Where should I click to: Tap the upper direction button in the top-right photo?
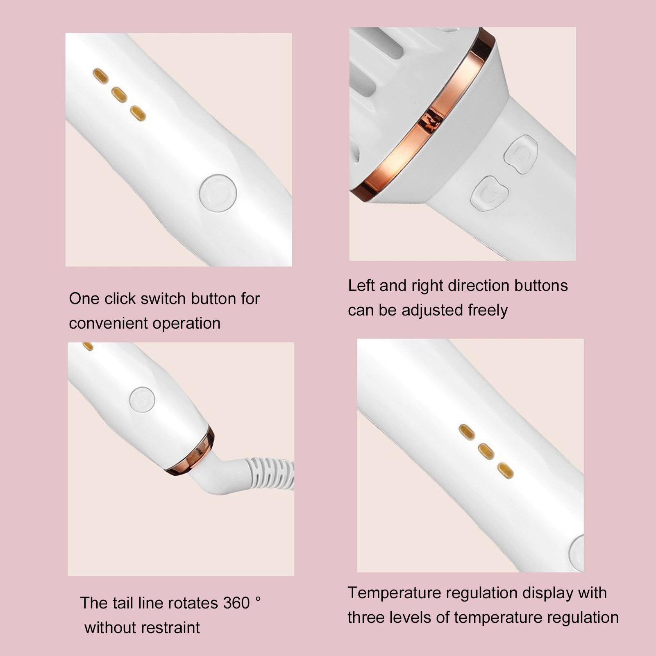[x=521, y=154]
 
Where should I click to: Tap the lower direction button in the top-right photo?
[x=490, y=193]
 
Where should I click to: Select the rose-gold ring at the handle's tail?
[x=192, y=452]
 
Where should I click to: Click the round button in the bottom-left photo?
[x=142, y=399]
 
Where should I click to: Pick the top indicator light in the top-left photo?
[x=101, y=75]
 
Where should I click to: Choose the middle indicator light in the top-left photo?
[x=119, y=95]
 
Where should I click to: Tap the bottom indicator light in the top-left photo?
[x=138, y=113]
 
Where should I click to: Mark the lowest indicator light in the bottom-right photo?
[x=505, y=471]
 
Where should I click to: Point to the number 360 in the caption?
[x=236, y=603]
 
